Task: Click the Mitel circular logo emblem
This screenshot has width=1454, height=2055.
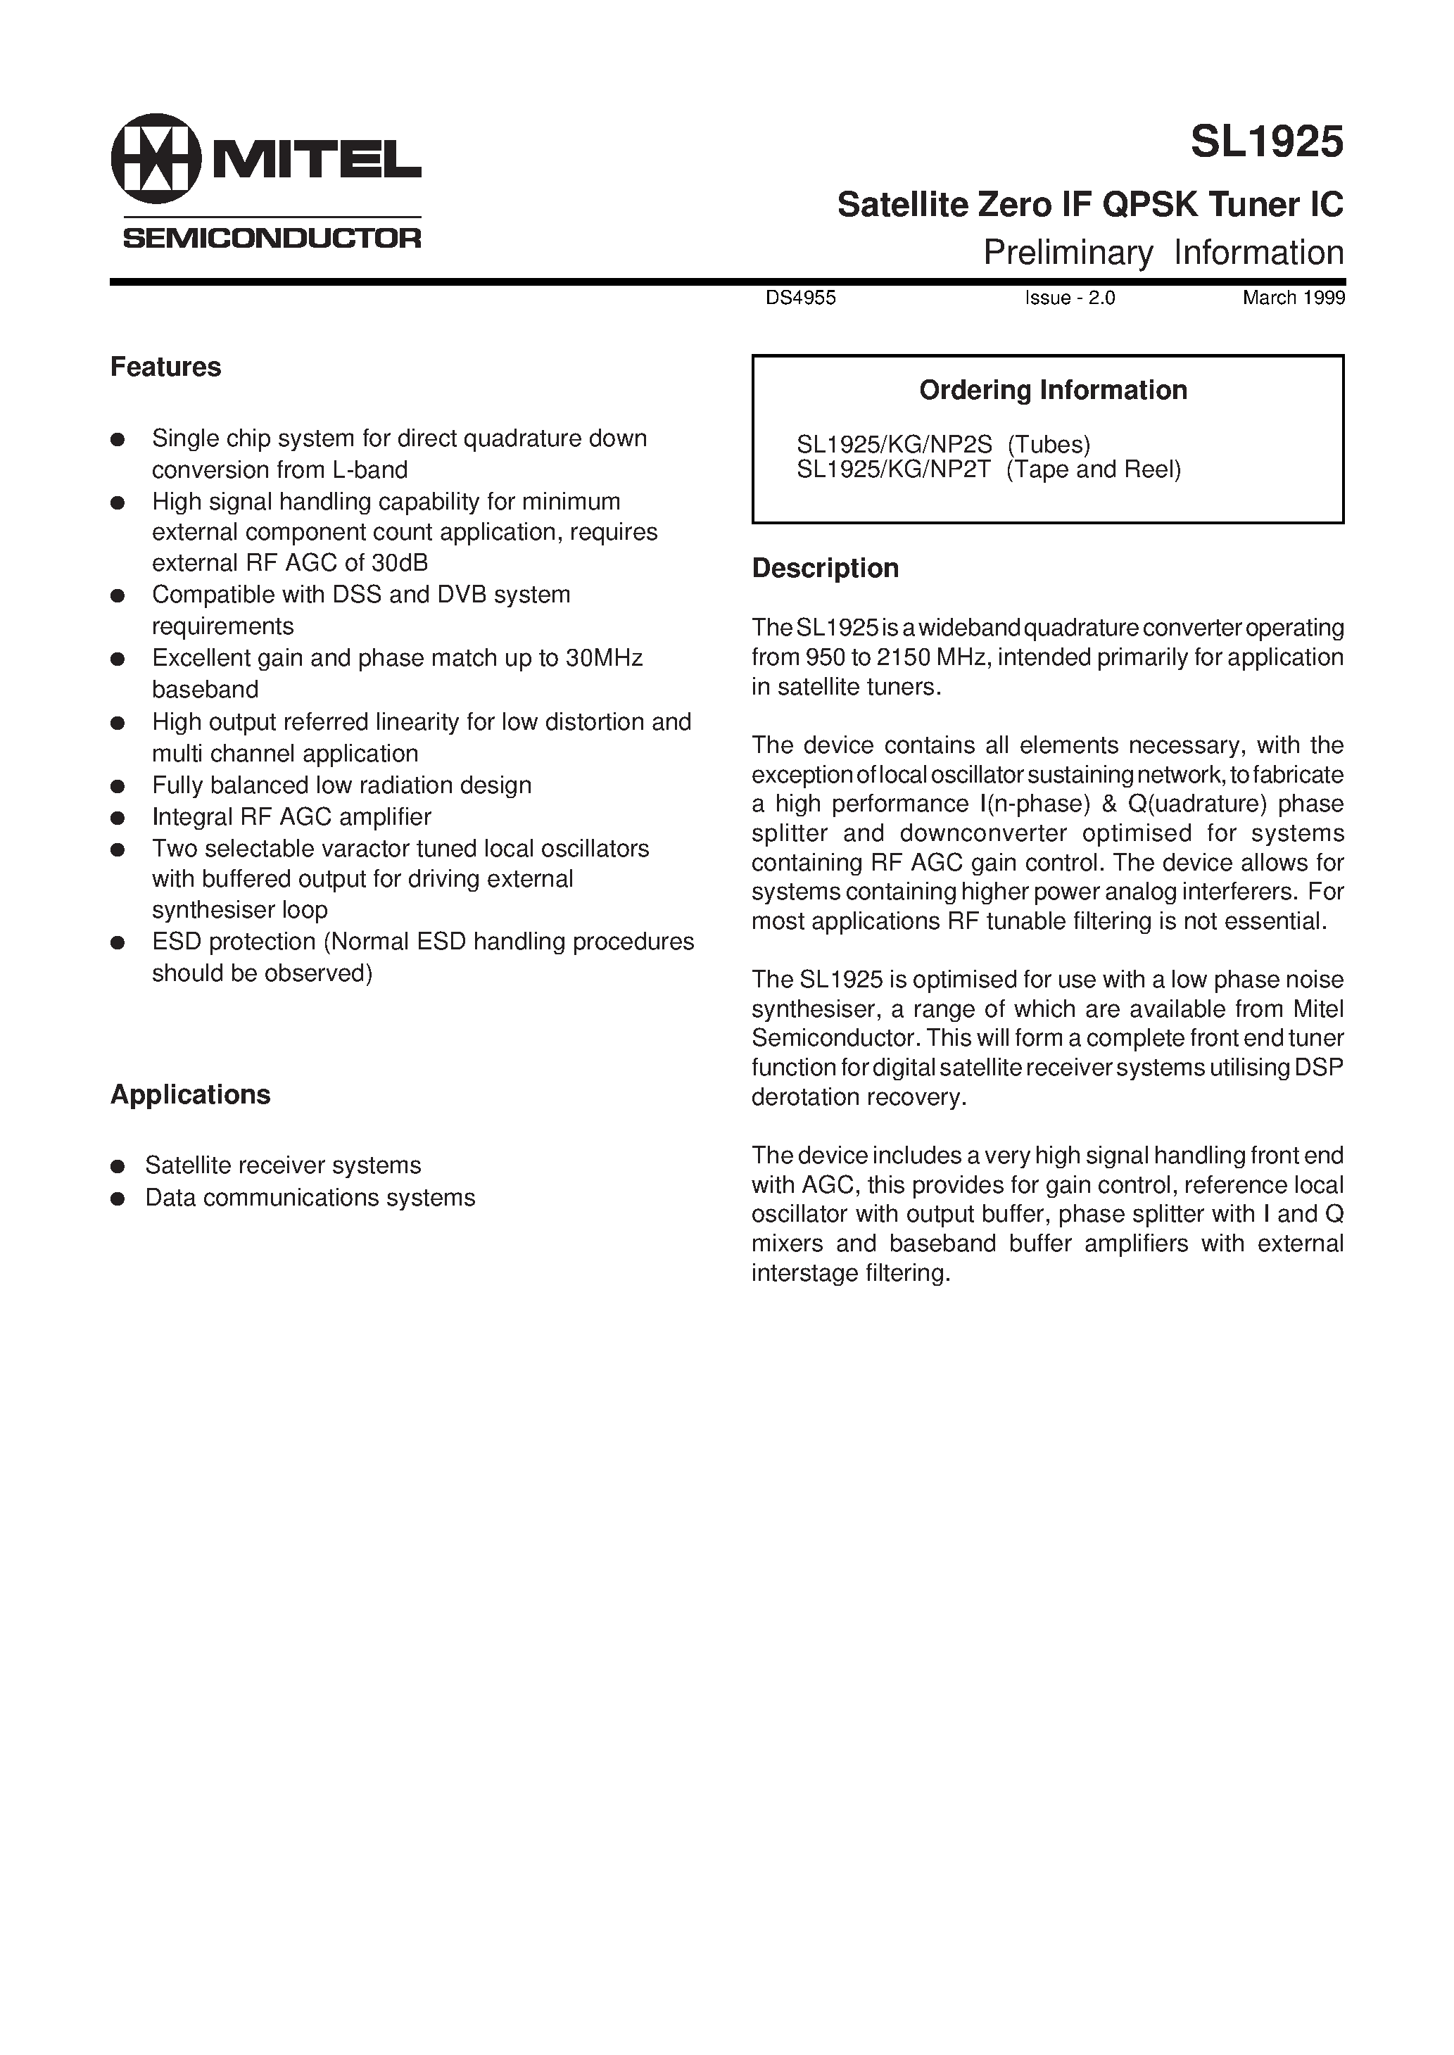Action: (x=156, y=158)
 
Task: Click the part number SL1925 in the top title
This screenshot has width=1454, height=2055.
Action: (x=1267, y=141)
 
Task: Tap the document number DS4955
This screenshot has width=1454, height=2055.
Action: (x=800, y=298)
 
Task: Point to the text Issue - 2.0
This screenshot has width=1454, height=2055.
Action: (x=1070, y=298)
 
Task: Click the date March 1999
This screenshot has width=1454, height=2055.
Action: (x=1293, y=298)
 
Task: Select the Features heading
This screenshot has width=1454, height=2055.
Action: (x=165, y=367)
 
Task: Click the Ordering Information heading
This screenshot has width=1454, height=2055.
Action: (x=1053, y=390)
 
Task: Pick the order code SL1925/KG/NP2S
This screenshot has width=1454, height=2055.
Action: (x=894, y=444)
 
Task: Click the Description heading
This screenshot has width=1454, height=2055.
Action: (x=825, y=569)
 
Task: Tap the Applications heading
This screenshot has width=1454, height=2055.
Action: (x=190, y=1094)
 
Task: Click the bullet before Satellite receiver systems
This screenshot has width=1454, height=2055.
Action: (x=118, y=1166)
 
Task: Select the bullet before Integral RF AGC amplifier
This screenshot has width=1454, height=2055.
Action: (x=118, y=818)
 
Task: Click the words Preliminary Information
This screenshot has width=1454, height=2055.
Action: (x=1163, y=253)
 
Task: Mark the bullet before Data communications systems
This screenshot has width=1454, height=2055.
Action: (x=118, y=1199)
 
